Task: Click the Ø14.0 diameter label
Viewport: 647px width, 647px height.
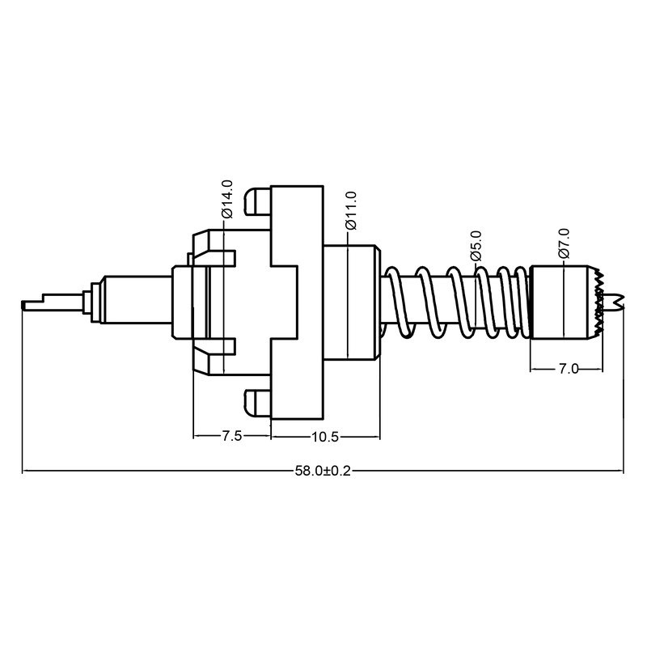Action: pyautogui.click(x=227, y=199)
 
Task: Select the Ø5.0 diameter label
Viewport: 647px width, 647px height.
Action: pyautogui.click(x=476, y=246)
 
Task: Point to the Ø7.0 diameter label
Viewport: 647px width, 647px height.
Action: pyautogui.click(x=564, y=243)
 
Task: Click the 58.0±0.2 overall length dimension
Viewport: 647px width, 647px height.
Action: pyautogui.click(x=323, y=471)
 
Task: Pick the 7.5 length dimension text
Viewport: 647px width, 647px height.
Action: pyautogui.click(x=232, y=436)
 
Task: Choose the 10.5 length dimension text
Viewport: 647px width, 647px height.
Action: pyautogui.click(x=325, y=437)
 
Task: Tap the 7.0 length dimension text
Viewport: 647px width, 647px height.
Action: pyautogui.click(x=569, y=369)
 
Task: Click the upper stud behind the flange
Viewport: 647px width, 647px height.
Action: pyautogui.click(x=258, y=201)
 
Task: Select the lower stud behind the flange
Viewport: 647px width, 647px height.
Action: pyautogui.click(x=258, y=402)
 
